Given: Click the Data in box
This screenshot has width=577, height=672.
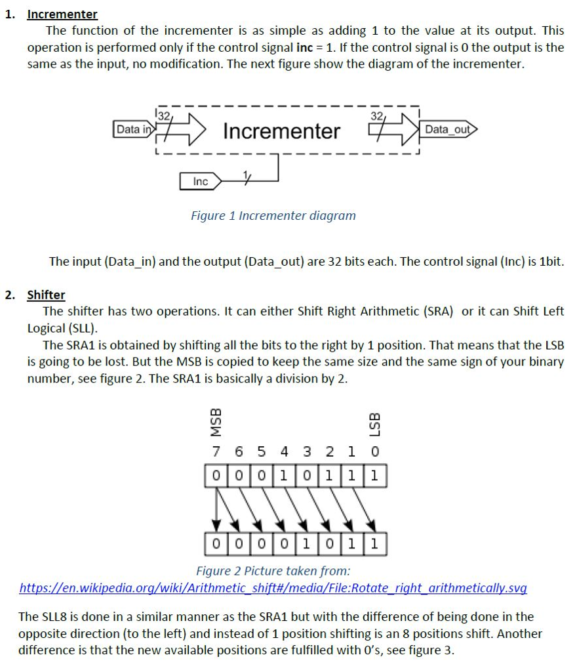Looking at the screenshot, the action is coord(132,129).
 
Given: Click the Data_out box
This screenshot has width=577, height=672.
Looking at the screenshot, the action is coord(447,129).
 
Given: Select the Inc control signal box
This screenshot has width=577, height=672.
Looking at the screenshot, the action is coord(200,181).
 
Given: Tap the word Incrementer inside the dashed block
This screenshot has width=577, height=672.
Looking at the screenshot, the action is coord(281,131).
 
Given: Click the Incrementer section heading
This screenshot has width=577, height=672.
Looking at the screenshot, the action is coord(62,14).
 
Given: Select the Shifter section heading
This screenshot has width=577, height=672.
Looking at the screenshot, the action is coord(46,295).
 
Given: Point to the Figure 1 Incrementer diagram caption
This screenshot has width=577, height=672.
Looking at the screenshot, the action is coord(273,215).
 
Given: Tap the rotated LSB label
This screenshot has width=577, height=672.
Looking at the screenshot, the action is coord(374,423).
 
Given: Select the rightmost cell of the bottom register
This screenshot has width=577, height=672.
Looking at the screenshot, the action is coord(374,544).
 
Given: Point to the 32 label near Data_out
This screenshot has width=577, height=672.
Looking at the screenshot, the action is coord(376,115).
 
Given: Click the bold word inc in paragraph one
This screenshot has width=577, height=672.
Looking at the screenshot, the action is coord(296,47).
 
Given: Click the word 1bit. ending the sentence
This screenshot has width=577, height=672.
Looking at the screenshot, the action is coord(549,261).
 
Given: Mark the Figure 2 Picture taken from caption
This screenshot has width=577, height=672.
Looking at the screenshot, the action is coord(273,570).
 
